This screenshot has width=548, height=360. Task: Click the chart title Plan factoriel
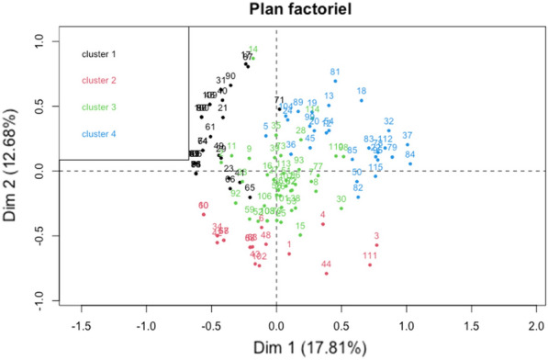276,10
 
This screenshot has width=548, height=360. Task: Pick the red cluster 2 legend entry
100,80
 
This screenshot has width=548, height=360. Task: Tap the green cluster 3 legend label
100,107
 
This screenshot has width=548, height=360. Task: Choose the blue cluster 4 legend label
100,134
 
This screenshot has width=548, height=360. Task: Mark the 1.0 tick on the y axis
38,40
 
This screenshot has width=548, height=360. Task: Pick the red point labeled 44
326,273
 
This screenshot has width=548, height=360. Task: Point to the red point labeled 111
370,265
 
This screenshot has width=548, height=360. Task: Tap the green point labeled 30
341,208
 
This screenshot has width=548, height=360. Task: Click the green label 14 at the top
252,50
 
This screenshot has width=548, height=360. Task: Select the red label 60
203,206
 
